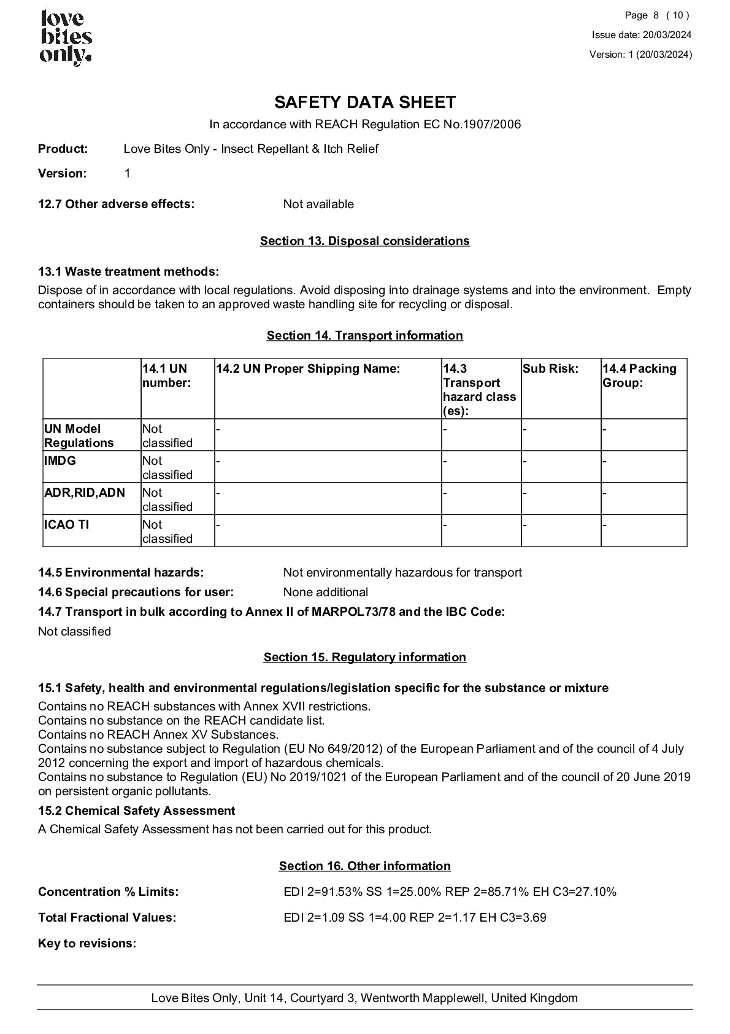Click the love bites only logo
[x=66, y=38]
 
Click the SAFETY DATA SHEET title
[x=364, y=102]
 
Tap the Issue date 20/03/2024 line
[x=641, y=35]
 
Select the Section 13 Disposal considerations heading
[x=364, y=241]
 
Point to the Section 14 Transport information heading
[x=364, y=335]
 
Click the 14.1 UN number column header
[x=166, y=376]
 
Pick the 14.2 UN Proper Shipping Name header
[x=308, y=368]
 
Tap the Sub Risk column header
[x=550, y=368]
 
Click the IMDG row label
[x=60, y=461]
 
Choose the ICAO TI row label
[x=66, y=524]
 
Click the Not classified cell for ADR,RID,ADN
[x=167, y=499]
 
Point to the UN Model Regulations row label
[x=79, y=435]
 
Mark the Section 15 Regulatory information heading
[x=364, y=657]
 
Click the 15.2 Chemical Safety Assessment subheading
[x=136, y=810]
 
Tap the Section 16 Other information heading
[x=364, y=866]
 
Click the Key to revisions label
[x=87, y=943]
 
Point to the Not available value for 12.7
[x=318, y=204]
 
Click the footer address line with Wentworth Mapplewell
[x=364, y=998]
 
